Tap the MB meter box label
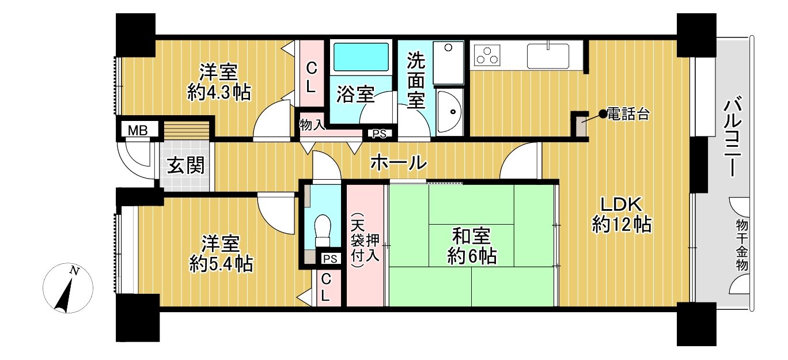point(138,130)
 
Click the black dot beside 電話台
point(603,114)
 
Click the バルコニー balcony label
point(733,137)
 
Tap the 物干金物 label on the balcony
point(741,245)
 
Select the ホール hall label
point(398,163)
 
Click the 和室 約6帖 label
point(472,245)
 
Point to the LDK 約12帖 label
point(622,214)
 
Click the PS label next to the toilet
point(331,258)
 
